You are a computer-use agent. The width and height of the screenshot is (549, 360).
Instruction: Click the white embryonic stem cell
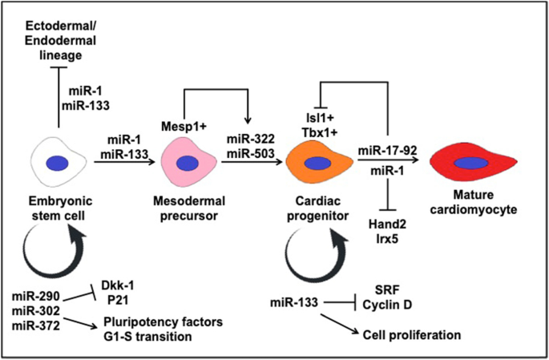pos(59,160)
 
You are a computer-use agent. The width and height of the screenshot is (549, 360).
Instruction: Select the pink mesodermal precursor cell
pos(188,163)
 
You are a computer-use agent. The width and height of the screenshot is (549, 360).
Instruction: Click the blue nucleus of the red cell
pos(473,164)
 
